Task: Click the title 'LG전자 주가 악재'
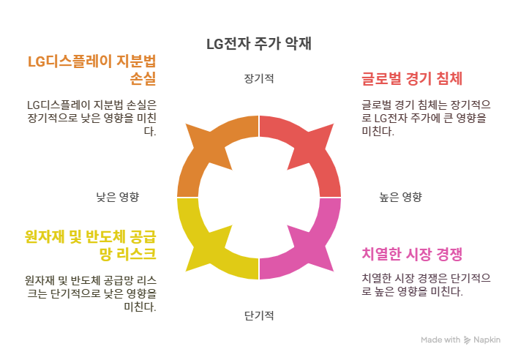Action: [259, 44]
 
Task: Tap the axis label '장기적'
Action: [259, 78]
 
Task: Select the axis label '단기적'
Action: [259, 316]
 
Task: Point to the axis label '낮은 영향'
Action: [118, 197]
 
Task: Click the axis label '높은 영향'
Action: [400, 197]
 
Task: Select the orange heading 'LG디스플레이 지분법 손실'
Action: [91, 70]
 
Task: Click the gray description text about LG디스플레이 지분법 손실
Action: [91, 118]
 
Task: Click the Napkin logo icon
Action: [467, 340]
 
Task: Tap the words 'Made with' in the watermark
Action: [440, 340]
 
